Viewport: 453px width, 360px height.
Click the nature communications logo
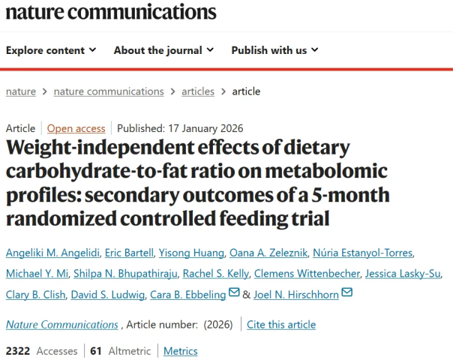(111, 13)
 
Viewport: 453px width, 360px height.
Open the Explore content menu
(51, 50)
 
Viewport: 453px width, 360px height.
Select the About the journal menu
(163, 50)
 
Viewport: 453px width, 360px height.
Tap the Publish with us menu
(274, 50)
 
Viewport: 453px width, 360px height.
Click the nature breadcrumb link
(21, 91)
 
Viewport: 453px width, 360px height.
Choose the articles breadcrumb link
(198, 91)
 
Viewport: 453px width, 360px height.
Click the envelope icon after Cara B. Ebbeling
(234, 292)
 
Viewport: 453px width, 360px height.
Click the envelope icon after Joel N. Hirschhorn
(346, 292)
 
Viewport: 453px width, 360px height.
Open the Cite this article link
(281, 325)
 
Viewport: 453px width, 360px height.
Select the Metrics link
(181, 351)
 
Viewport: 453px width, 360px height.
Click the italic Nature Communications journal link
(61, 325)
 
